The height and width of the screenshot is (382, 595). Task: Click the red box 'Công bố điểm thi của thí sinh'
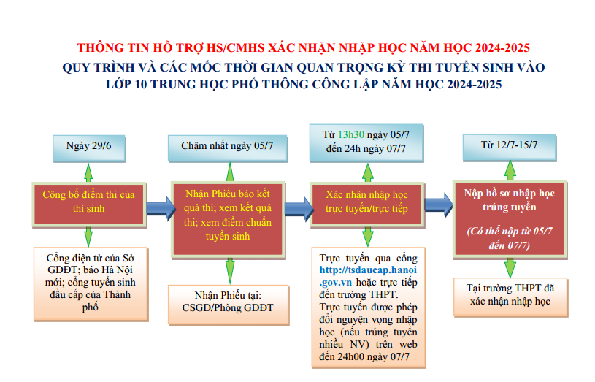point(89,201)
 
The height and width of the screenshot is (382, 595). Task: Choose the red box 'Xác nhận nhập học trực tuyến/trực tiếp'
point(366,202)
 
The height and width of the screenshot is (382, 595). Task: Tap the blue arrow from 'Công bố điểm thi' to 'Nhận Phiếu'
point(157,206)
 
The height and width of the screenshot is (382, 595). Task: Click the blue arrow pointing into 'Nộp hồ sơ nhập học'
point(437,200)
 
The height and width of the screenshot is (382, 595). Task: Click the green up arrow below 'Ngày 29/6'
point(88,171)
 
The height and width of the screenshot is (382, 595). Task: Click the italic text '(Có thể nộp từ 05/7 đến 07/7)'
point(509,238)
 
